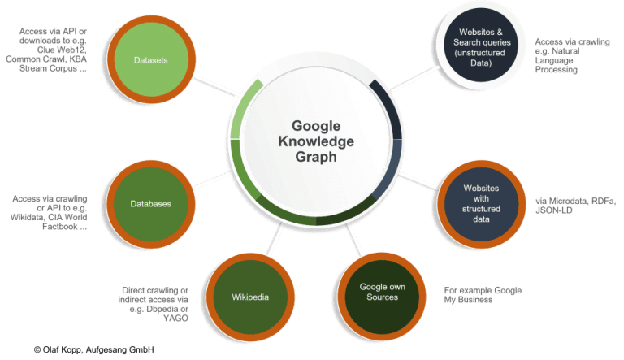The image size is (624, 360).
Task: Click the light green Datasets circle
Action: pyautogui.click(x=151, y=60)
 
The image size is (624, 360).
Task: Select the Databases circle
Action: pyautogui.click(x=151, y=204)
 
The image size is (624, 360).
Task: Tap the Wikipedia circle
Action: pyautogui.click(x=250, y=297)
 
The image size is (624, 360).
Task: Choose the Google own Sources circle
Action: pyautogui.click(x=382, y=297)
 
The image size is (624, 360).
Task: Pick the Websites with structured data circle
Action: pyautogui.click(x=481, y=204)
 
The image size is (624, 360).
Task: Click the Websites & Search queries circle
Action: pyautogui.click(x=481, y=45)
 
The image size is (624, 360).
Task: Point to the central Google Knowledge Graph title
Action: pyautogui.click(x=316, y=141)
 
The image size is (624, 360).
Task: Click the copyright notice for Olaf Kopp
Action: pyautogui.click(x=94, y=349)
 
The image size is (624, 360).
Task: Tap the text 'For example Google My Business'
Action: pyautogui.click(x=483, y=295)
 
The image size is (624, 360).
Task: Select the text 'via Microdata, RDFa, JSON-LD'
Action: pyautogui.click(x=575, y=206)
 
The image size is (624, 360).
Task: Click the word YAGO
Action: pyautogui.click(x=175, y=319)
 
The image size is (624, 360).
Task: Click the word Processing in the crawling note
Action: pyautogui.click(x=556, y=70)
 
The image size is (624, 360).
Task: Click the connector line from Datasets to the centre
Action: pyautogui.click(x=215, y=87)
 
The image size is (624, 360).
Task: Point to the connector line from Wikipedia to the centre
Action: pyautogui.click(x=274, y=239)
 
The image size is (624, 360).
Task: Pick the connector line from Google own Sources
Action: pyautogui.click(x=354, y=240)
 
